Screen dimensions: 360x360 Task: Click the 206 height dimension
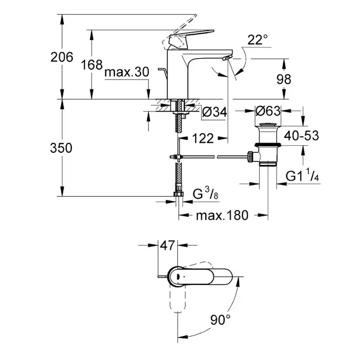pos(62,57)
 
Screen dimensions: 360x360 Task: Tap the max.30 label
pos(127,72)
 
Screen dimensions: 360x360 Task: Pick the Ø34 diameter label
pos(215,112)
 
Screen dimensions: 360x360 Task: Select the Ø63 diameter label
pos(268,111)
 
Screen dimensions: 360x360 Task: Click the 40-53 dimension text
pos(301,136)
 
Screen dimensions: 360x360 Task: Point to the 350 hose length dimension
pos(61,148)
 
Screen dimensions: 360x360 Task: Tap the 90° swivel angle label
pos(221,320)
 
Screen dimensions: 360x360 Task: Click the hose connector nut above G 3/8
pos(178,195)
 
